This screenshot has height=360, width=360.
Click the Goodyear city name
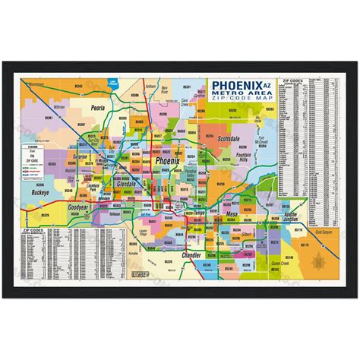[x=79, y=207]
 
